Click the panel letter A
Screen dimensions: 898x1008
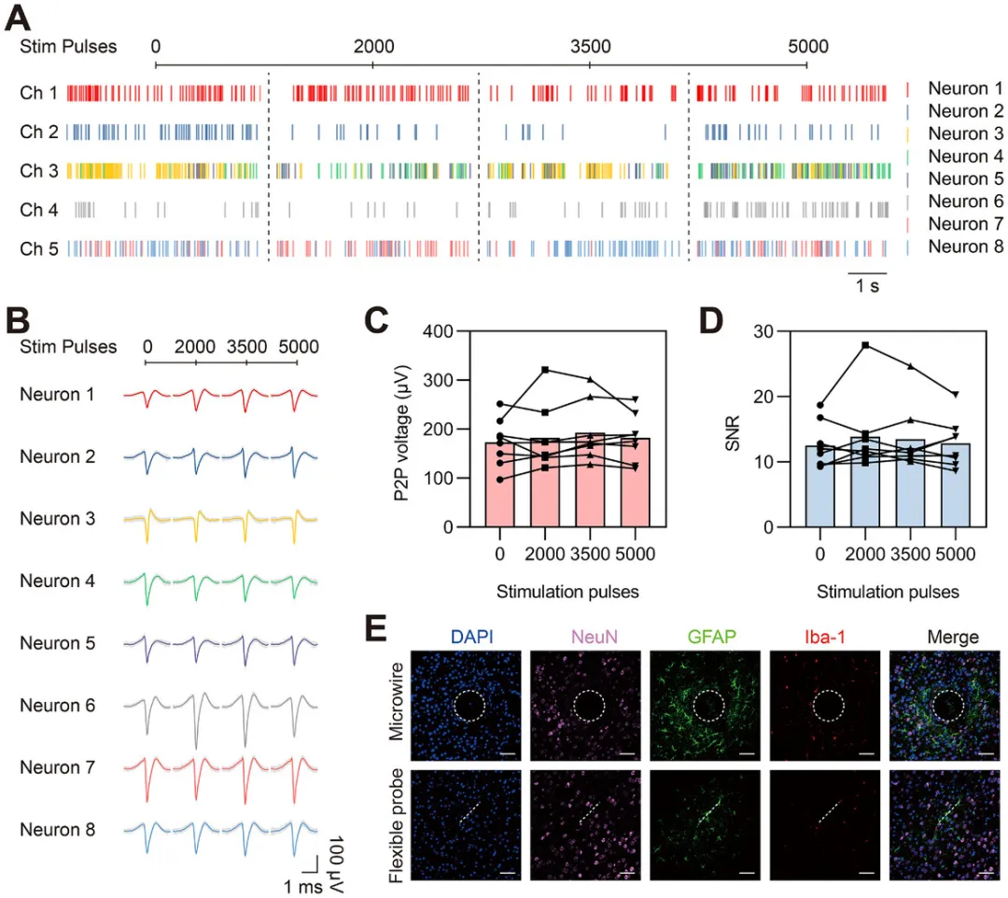coord(21,17)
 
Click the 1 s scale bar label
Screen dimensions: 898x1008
coord(867,288)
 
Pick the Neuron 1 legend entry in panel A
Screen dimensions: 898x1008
coord(965,89)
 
